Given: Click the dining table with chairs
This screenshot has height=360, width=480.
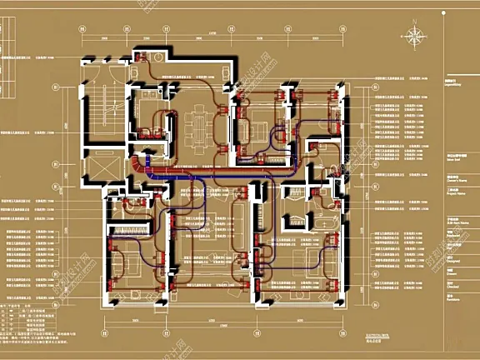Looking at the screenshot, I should pos(197,125).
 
